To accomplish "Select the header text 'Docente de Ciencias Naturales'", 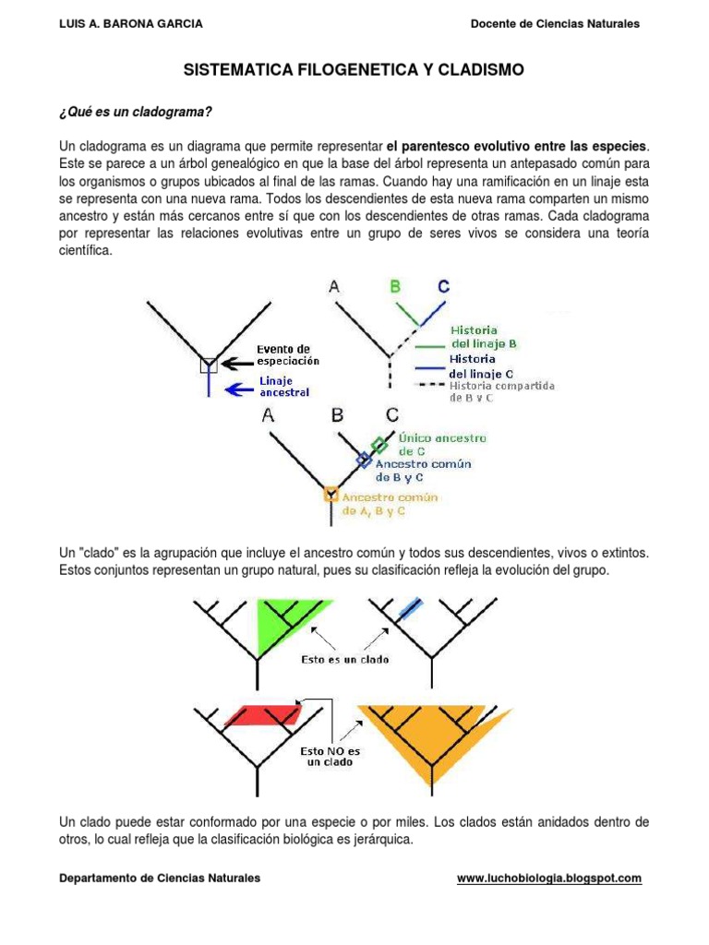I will click(554, 24).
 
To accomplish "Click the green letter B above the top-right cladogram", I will click(394, 287).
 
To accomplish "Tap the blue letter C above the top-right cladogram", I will click(444, 287).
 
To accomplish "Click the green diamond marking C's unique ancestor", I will click(379, 445).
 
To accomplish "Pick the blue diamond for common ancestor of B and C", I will click(364, 459).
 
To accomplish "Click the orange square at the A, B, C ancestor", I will click(330, 496).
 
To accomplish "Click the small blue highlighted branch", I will click(408, 608).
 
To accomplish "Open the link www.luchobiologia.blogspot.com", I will click(548, 879).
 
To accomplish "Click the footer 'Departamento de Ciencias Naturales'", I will click(160, 879).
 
